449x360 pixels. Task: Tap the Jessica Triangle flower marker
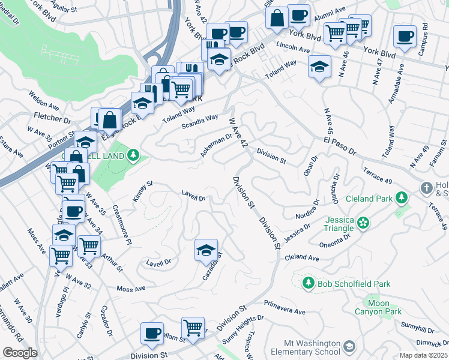click(363, 223)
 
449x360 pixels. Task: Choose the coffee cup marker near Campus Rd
click(405, 35)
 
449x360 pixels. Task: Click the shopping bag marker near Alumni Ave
click(277, 17)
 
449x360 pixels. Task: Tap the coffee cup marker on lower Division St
click(152, 334)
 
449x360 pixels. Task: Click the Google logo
click(20, 353)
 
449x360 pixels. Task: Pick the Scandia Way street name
click(200, 122)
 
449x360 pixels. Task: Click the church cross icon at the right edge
click(427, 187)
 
